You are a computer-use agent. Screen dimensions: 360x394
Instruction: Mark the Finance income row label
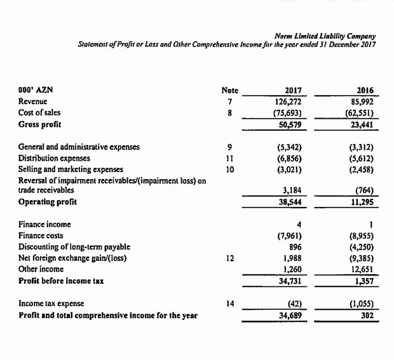[45, 224]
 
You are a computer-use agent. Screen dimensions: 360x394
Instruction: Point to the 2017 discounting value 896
[294, 246]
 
